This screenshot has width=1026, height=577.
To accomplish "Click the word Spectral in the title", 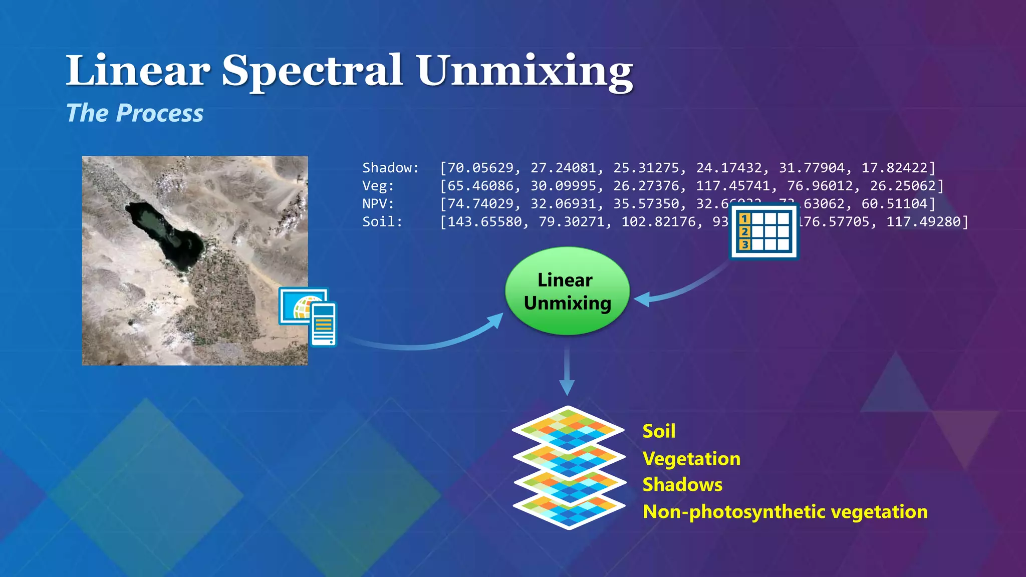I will pyautogui.click(x=312, y=71).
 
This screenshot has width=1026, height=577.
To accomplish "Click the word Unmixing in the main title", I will pyautogui.click(x=525, y=71).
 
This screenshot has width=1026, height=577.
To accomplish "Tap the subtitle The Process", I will pyautogui.click(x=135, y=113).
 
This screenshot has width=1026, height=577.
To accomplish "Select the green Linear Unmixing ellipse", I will pyautogui.click(x=567, y=291).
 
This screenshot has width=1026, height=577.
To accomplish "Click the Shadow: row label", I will pyautogui.click(x=390, y=168).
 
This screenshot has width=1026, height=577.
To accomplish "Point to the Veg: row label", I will pyautogui.click(x=378, y=186).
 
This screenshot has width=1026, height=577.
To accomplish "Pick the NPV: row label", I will pyautogui.click(x=378, y=204).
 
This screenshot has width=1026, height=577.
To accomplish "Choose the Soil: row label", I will pyautogui.click(x=382, y=222).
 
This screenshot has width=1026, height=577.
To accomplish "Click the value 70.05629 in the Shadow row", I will pyautogui.click(x=480, y=168).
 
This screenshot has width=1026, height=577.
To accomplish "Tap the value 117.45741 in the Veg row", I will pyautogui.click(x=732, y=186).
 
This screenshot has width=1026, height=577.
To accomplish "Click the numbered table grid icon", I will pyautogui.click(x=763, y=231).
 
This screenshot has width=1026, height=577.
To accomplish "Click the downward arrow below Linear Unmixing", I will pyautogui.click(x=567, y=371).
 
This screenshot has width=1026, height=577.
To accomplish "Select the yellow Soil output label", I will pyautogui.click(x=659, y=431).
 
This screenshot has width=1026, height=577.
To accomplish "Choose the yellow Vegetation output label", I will pyautogui.click(x=691, y=459).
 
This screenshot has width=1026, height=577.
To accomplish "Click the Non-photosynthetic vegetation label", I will pyautogui.click(x=785, y=512).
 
